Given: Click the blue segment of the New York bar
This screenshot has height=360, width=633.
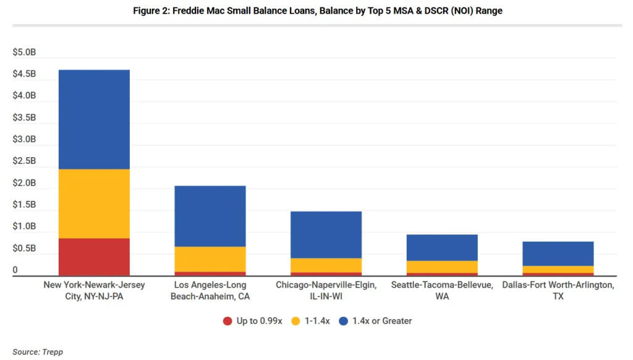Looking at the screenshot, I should point(94,119).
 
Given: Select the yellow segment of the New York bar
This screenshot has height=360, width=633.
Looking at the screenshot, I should point(94,204).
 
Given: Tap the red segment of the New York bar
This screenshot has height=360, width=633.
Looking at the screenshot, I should point(94,257).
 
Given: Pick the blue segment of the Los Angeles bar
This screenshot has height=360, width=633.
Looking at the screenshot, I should point(210,216).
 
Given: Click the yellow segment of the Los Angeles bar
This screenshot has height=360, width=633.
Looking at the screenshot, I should point(210,259).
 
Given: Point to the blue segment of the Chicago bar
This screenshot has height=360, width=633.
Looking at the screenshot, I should point(326,234).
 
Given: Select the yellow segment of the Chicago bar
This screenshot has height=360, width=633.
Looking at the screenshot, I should point(326,265).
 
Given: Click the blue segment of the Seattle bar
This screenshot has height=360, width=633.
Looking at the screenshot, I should point(442,247).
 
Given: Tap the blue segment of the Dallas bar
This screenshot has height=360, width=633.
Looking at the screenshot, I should point(558,254).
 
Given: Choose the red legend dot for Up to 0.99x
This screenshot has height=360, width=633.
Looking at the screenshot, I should point(227,321).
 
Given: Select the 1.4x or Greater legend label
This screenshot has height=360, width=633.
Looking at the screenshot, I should point(381,321).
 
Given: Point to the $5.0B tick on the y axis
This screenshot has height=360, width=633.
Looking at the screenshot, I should point(24,53).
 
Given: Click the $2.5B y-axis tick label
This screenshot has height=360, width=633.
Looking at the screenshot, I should point(24,161).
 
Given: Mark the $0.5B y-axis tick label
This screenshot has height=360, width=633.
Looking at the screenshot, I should point(24,248).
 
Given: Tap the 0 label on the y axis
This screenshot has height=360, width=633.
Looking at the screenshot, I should point(15,270).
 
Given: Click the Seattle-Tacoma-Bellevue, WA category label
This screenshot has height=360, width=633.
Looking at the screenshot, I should point(442,290).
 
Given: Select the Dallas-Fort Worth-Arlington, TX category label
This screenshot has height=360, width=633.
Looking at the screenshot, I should point(558,290).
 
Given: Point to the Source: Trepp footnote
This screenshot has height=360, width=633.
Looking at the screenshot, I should point(38,352).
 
